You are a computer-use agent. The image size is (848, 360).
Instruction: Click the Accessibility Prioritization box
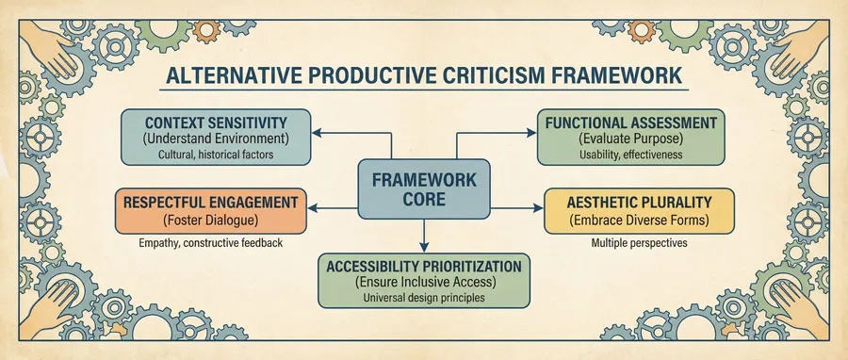(x=423, y=281)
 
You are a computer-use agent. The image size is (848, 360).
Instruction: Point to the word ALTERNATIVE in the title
(x=220, y=74)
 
